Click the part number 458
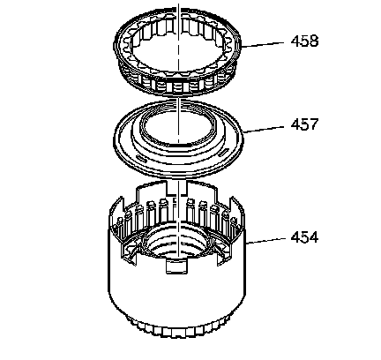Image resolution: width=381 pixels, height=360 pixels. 304,41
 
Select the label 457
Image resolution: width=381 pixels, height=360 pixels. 304,124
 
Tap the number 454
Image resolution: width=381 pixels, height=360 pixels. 304,237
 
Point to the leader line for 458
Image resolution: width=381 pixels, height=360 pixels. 262,44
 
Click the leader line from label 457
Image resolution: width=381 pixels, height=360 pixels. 264,130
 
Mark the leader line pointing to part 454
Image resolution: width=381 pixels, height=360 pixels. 265,241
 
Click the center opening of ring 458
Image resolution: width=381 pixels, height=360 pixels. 177,49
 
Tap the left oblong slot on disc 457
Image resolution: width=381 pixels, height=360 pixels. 142,159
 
